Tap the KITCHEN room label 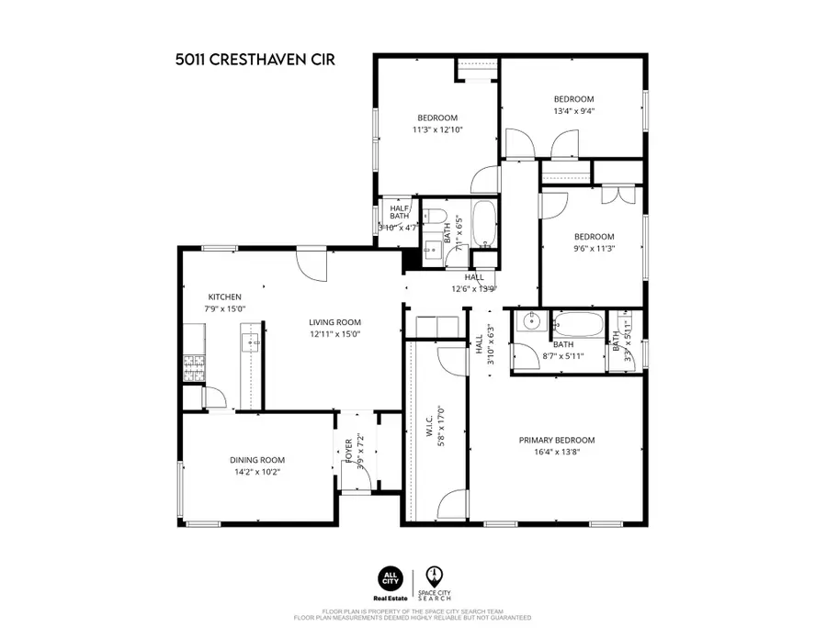(224, 297)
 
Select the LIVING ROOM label (334, 322)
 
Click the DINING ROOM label (257, 460)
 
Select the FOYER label (348, 452)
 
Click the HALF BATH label (400, 211)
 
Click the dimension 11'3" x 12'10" (437, 129)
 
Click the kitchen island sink (251, 343)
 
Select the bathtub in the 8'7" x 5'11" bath (578, 325)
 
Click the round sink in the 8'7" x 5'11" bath (528, 321)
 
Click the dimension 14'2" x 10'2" (257, 472)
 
